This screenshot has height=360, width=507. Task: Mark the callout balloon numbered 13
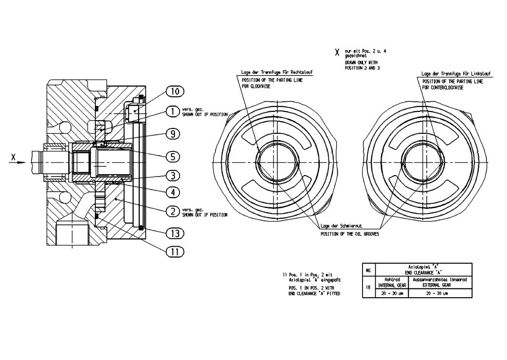tap(175, 234)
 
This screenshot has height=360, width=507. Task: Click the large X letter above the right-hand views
tap(336, 52)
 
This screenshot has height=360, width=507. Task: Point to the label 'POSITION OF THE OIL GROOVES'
tap(350, 234)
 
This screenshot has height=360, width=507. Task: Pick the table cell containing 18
tap(368, 287)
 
